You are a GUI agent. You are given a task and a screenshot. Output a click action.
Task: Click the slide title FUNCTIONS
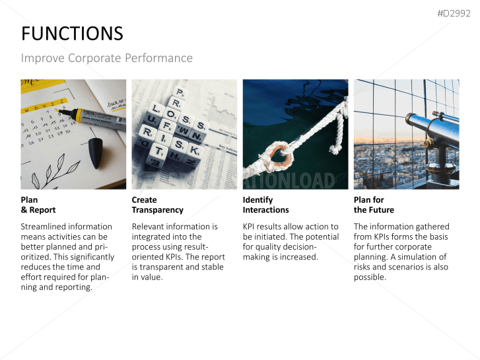(x=72, y=34)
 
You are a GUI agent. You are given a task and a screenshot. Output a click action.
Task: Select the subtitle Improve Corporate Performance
(x=107, y=58)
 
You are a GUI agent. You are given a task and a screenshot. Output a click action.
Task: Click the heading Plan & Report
(x=38, y=205)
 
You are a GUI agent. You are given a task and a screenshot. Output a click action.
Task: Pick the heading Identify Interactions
(x=265, y=205)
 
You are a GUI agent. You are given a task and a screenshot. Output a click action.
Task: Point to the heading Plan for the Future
(x=374, y=205)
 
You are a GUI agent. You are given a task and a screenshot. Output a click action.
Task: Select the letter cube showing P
(x=178, y=92)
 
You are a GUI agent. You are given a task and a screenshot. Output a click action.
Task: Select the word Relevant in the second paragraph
(x=153, y=227)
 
